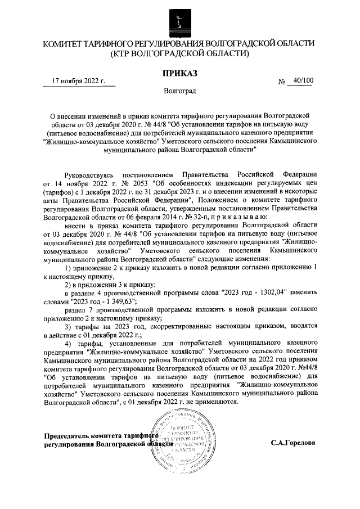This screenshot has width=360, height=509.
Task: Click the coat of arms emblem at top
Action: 180,21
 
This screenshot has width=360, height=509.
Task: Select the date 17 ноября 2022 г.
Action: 78,81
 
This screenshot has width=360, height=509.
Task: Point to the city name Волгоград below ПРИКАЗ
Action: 180,90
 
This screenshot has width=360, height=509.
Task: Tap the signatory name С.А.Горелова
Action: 293,443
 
